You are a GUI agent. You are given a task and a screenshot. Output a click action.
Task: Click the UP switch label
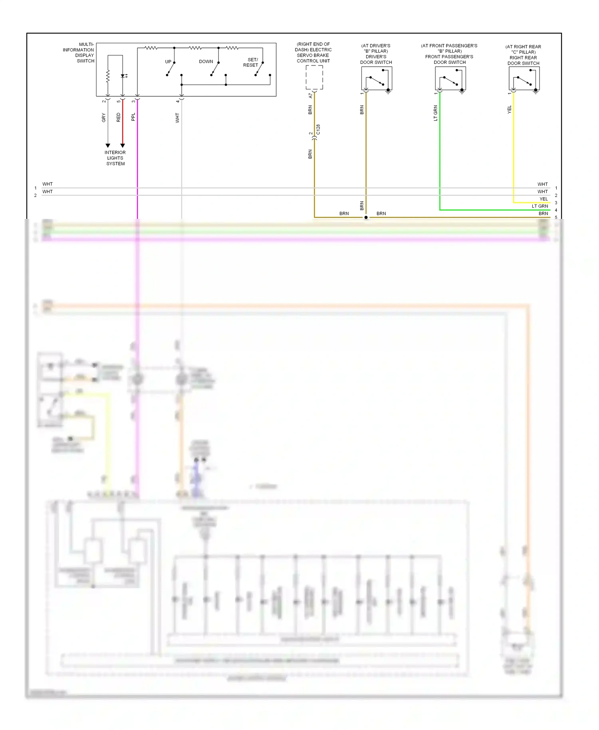point(168,62)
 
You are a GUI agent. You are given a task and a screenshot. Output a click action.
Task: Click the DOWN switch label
point(206,61)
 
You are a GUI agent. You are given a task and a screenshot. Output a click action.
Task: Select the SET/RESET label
point(251,62)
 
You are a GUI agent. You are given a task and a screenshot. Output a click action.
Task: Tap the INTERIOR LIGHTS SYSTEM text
point(115,158)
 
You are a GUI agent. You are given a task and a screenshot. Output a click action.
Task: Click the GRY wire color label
point(104,117)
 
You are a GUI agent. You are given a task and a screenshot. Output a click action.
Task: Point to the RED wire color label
point(119,117)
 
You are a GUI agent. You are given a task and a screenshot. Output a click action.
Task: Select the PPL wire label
point(133,117)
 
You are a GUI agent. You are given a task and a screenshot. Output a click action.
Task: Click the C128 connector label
point(318,129)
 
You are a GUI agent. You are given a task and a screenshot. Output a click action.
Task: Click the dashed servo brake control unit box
point(314,77)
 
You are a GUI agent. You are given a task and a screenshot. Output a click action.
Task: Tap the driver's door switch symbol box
point(377,78)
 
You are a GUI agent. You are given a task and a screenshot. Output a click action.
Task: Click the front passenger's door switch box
point(450,78)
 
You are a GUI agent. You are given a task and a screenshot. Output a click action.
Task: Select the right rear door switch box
point(524,78)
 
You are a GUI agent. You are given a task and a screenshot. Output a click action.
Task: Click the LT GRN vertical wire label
point(436,113)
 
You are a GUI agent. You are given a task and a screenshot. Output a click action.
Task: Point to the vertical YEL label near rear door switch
point(510,110)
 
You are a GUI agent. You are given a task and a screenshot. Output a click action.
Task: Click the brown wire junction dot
point(366,218)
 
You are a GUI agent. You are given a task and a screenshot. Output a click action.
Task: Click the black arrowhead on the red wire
point(123,146)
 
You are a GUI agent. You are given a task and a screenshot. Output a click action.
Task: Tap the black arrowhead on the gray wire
point(108,146)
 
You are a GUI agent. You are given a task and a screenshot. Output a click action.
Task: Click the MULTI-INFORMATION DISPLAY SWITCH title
point(79,53)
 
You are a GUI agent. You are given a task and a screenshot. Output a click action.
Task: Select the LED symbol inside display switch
point(123,76)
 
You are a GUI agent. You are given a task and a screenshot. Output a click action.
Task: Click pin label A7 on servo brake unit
point(311,96)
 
